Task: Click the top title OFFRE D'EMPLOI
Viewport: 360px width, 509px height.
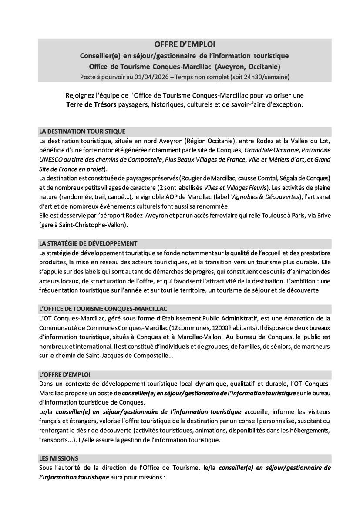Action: click(x=185, y=44)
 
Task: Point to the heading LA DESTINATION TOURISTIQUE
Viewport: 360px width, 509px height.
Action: click(x=82, y=131)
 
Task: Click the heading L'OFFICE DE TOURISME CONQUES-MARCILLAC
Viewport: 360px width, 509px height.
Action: click(x=103, y=308)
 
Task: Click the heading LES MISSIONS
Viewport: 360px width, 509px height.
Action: click(x=58, y=458)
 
